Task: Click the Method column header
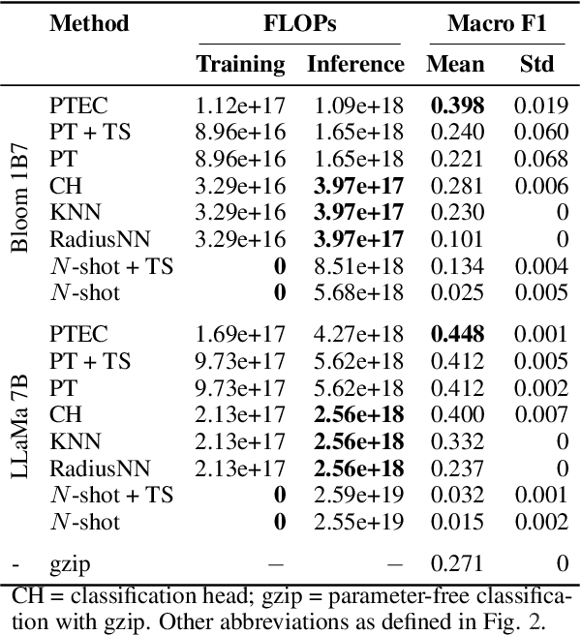point(88,23)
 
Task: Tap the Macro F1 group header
point(497,23)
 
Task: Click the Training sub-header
point(241,65)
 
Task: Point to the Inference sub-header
point(355,65)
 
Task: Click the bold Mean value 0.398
point(455,106)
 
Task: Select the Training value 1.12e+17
point(241,106)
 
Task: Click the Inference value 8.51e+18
point(356,267)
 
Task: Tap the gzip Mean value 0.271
point(455,561)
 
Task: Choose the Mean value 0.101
point(455,238)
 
